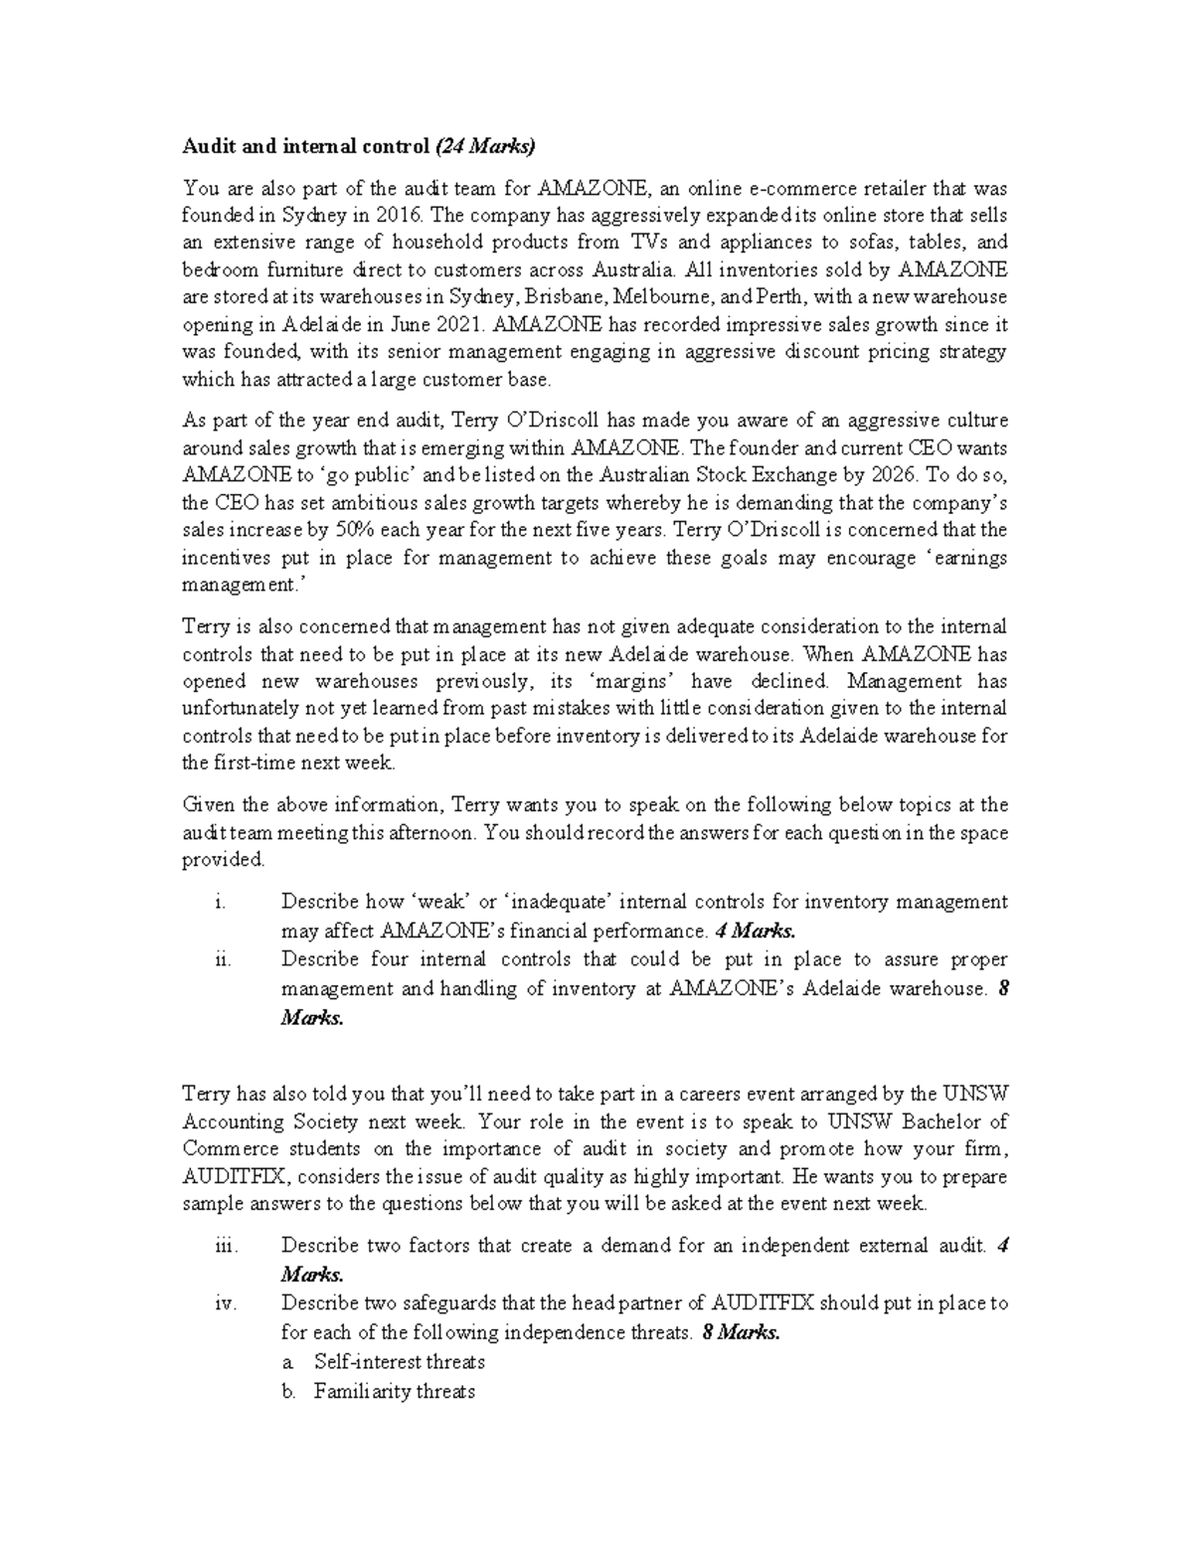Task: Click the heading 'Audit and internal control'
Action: [305, 148]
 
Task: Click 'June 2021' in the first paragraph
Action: [444, 324]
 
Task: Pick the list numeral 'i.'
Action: [220, 903]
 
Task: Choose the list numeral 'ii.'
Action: [222, 960]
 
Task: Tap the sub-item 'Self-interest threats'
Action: [399, 1362]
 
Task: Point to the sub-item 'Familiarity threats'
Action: [394, 1392]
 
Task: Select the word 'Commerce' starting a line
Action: [230, 1149]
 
